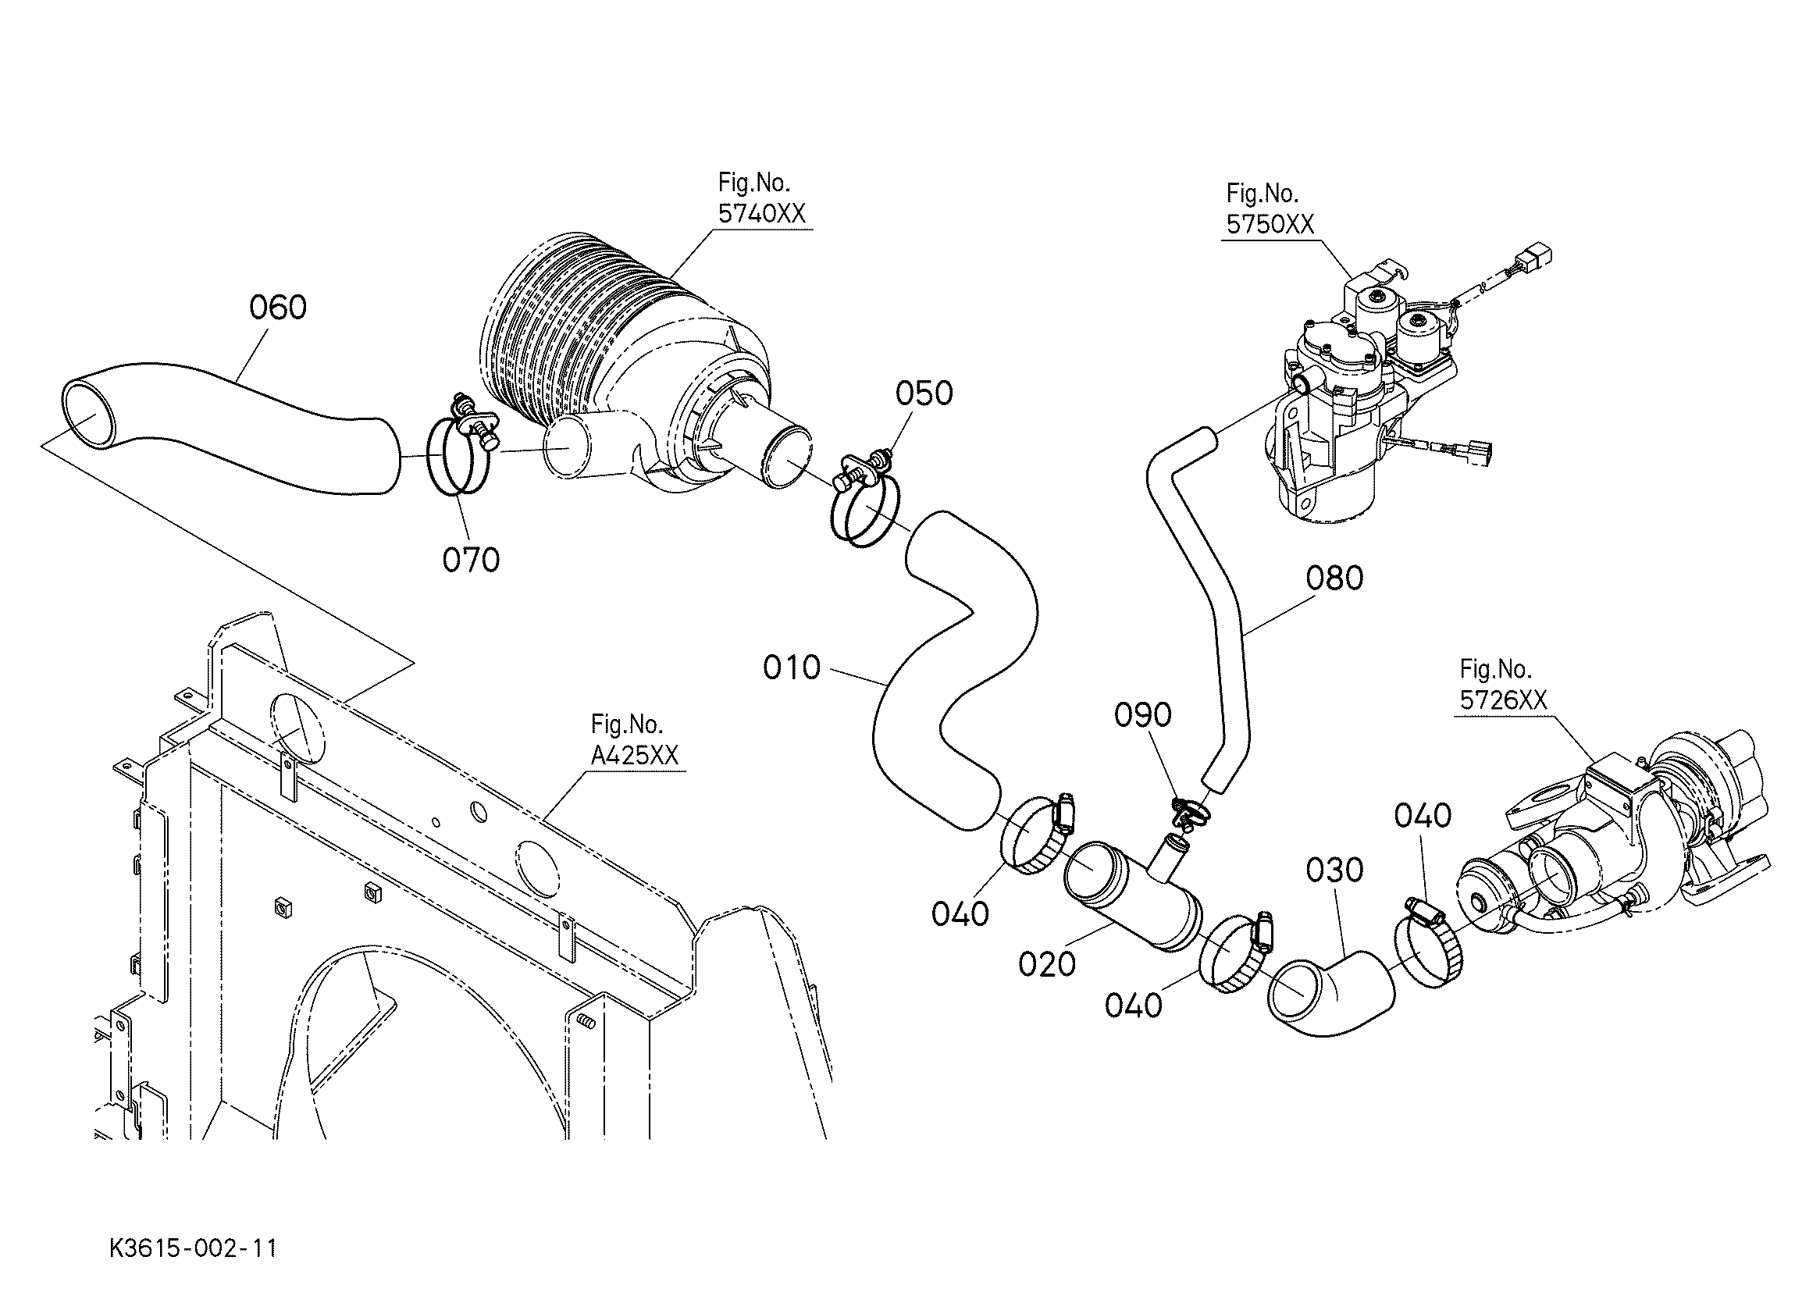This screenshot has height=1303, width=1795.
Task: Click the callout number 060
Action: tap(278, 308)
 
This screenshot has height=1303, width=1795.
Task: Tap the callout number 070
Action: tap(471, 561)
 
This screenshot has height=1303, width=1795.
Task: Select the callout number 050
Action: tap(924, 393)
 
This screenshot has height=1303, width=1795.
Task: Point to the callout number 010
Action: tap(792, 668)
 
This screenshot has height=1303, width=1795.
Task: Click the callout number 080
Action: tap(1334, 579)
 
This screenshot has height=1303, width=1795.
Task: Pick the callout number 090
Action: tap(1143, 716)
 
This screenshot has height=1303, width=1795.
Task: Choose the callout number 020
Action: tap(1047, 964)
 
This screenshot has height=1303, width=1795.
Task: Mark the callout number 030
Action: tap(1334, 870)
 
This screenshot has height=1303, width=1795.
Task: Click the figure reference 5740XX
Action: tap(761, 214)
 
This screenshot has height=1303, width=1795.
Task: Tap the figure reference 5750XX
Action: tap(1270, 224)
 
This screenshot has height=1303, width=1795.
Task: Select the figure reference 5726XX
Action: tap(1503, 700)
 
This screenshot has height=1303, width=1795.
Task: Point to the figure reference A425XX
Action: tap(635, 755)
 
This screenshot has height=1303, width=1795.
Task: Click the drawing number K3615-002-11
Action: tap(193, 1248)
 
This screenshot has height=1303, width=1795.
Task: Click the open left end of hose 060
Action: tap(89, 411)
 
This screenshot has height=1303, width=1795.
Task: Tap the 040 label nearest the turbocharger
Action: tap(1423, 816)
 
